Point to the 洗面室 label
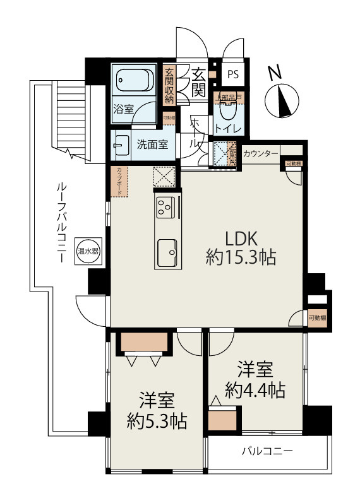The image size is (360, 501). coord(152,144)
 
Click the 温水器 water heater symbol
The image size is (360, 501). coord(87,250)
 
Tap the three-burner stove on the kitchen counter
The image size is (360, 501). coord(166,206)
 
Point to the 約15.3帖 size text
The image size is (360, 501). coord(240,257)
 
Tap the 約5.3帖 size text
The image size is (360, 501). coord(156,420)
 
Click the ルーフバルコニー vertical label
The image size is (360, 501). coord(61,221)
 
